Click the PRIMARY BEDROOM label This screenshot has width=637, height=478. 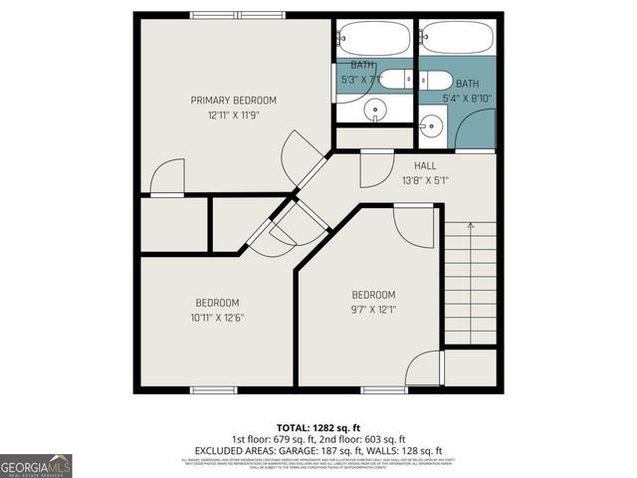(x=234, y=101)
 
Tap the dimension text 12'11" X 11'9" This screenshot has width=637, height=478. (x=234, y=116)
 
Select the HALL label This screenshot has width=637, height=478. (x=425, y=166)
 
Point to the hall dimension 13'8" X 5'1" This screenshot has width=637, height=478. (x=425, y=180)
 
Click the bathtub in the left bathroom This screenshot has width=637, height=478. (x=373, y=39)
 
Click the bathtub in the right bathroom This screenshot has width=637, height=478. (x=457, y=39)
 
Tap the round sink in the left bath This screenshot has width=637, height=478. (x=374, y=111)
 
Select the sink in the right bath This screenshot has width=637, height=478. (x=431, y=125)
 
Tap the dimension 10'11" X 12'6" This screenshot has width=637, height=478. (x=216, y=318)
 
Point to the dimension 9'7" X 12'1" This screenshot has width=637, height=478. (x=373, y=310)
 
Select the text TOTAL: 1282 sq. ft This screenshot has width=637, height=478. (x=318, y=426)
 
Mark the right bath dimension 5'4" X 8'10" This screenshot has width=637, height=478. (x=467, y=98)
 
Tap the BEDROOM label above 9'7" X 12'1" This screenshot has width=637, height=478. (x=373, y=295)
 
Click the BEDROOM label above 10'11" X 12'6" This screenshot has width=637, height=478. (x=216, y=303)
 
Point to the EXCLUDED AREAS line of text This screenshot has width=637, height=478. (x=318, y=450)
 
